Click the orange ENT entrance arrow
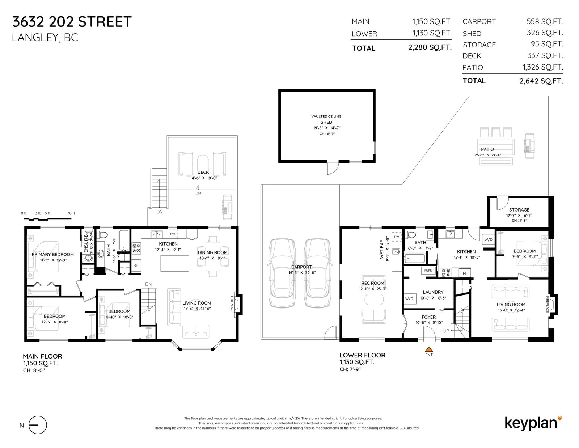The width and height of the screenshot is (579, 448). pos(429,349)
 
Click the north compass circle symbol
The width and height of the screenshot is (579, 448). pos(38,425)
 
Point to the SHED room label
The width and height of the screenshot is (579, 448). pos(326,122)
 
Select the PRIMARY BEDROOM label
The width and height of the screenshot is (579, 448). pos(53,254)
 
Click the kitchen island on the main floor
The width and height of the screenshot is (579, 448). pos(174,263)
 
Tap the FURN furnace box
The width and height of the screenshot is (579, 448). pos(428,271)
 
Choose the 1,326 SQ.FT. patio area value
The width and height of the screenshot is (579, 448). pos(543,67)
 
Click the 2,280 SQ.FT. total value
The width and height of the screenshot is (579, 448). pos(430,47)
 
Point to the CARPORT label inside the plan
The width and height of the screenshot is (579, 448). pos(301,267)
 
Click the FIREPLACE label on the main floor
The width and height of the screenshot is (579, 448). pos(232,304)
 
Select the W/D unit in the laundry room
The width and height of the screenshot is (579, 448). pos(409,298)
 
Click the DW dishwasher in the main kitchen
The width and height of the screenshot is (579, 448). pos(172,234)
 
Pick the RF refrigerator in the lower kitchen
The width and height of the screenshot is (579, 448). pos(465,273)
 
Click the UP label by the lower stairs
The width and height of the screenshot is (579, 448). pos(446,331)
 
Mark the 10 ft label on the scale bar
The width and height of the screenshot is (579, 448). pos(71,213)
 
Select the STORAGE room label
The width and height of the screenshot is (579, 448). pos(519,210)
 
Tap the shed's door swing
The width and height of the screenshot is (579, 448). pos(333,168)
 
